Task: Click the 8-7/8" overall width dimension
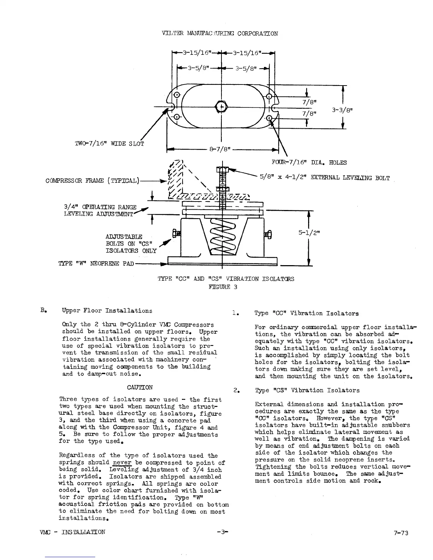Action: click(220, 149)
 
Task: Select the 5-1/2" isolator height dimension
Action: click(307, 233)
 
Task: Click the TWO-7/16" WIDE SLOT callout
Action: click(109, 144)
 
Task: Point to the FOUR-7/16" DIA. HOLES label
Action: click(308, 163)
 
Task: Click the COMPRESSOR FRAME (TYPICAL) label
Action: click(93, 181)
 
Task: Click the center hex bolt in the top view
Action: click(221, 106)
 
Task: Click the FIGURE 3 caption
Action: click(223, 287)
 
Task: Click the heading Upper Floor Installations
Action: click(107, 311)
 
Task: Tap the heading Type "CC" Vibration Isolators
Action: click(306, 313)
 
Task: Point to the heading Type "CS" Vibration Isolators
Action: click(307, 390)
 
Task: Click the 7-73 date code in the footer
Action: click(401, 533)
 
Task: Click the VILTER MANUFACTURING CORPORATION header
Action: click(219, 34)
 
